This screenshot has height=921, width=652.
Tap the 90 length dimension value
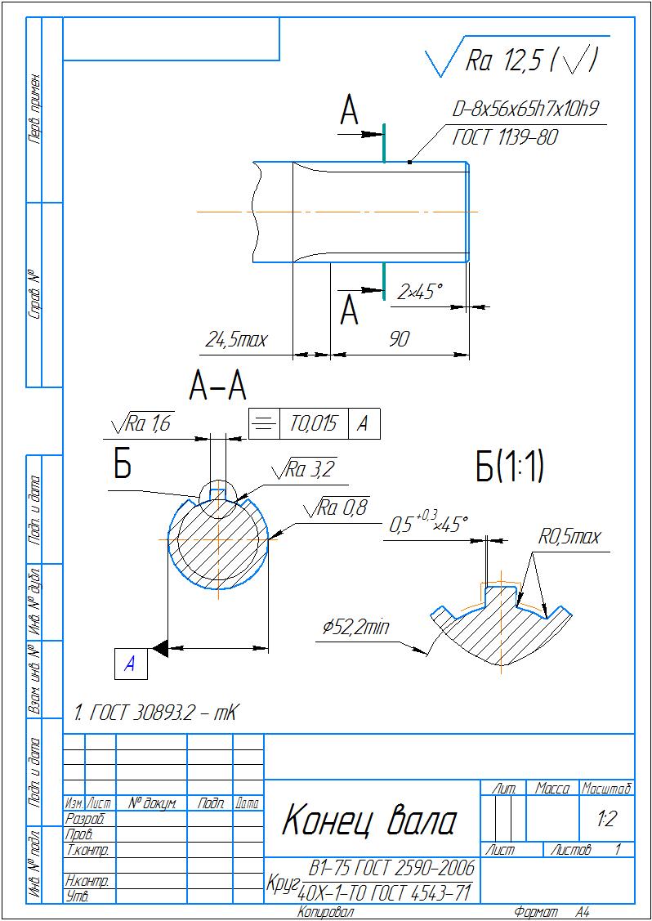click(399, 339)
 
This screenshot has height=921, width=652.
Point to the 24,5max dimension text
click(236, 339)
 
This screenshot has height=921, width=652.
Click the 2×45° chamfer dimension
click(419, 291)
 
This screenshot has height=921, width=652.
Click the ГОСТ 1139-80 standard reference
click(504, 137)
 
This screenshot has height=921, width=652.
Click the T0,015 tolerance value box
click(314, 423)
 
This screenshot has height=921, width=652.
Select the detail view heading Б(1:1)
click(509, 467)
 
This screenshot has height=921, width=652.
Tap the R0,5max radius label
click(569, 537)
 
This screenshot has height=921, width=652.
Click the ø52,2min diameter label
click(355, 628)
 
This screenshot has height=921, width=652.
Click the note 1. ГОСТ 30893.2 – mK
click(154, 713)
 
